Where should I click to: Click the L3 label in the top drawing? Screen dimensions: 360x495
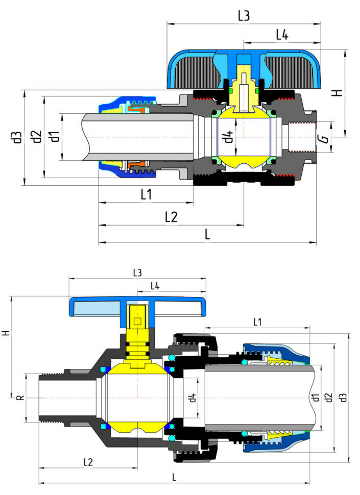[244, 16]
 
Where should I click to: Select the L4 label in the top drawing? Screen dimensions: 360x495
[282, 35]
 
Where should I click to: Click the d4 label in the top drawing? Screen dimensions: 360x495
[229, 137]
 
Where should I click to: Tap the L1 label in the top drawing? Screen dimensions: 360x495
[146, 194]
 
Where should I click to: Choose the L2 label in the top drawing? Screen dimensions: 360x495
[171, 217]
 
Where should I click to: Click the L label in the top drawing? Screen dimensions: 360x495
[207, 235]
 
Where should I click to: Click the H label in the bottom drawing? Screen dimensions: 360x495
[6, 332]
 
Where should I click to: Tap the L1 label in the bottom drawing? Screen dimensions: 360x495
[257, 322]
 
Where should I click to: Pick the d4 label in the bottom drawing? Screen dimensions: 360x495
[191, 398]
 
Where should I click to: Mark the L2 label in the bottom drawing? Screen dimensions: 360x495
[88, 462]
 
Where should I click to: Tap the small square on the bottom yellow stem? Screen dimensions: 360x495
[137, 321]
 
